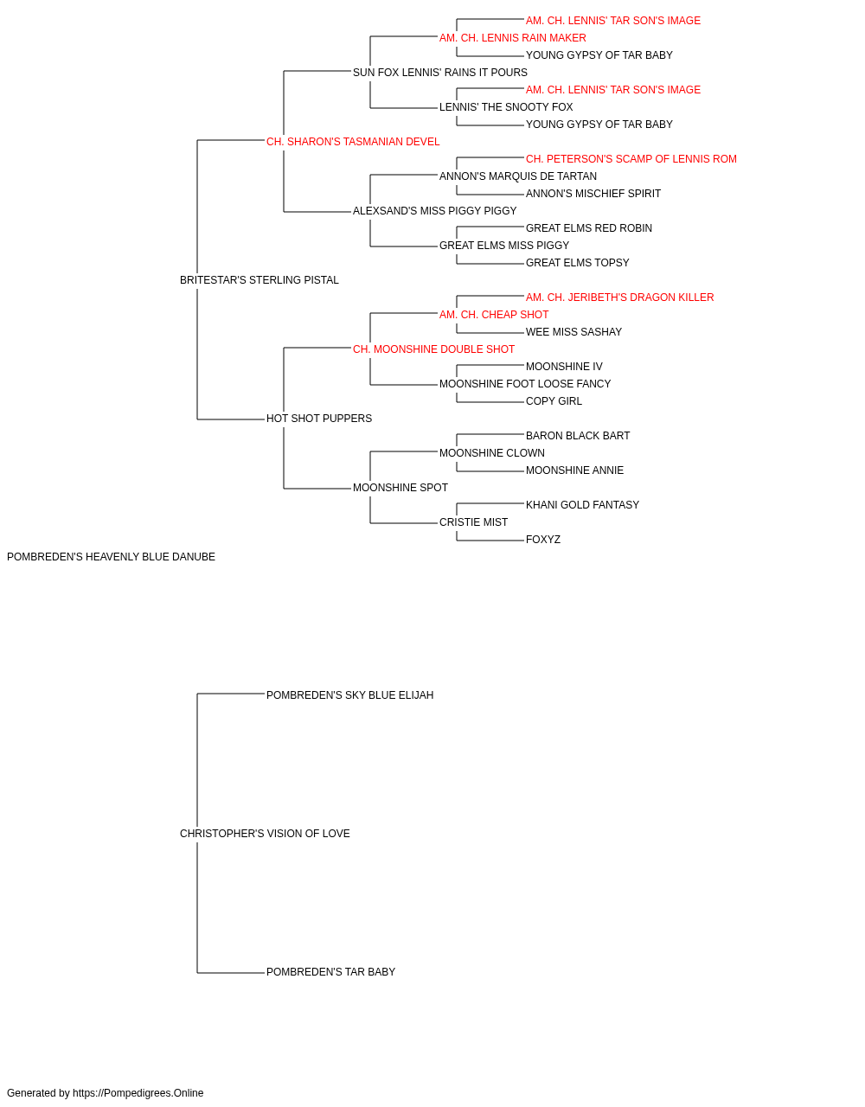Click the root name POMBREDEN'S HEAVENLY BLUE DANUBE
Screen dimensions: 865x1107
[111, 557]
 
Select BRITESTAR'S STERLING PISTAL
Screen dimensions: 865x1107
[259, 280]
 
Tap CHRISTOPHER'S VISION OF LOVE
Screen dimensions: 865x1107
[265, 834]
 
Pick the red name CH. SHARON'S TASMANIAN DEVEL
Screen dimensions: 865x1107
[353, 142]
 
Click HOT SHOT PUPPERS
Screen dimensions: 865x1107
[319, 419]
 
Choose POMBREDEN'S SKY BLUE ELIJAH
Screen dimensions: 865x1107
[350, 695]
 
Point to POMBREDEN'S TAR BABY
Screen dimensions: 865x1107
[331, 972]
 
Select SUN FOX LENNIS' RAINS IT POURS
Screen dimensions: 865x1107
[440, 73]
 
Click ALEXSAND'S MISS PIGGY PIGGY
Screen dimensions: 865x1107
[435, 211]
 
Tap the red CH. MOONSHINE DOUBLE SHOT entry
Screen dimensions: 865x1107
[434, 349]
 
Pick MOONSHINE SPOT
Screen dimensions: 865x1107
[400, 488]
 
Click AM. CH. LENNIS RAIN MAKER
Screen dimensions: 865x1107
[513, 38]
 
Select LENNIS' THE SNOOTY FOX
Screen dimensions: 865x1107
[506, 107]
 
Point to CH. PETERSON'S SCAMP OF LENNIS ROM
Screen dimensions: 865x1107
[631, 159]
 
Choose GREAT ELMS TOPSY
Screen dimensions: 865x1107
[578, 263]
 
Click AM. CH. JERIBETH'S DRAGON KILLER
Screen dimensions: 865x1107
[620, 298]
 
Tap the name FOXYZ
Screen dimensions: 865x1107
[543, 540]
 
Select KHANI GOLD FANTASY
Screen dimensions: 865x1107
[583, 505]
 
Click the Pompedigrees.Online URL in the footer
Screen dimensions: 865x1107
[138, 1093]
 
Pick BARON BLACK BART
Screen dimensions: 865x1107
[578, 436]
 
